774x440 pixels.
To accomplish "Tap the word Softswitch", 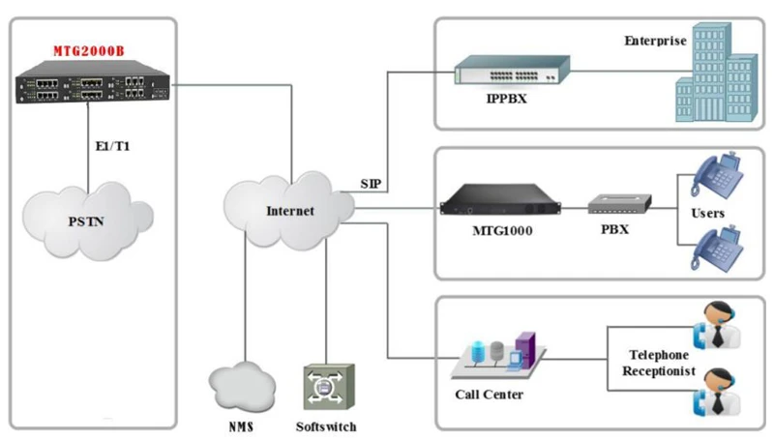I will point(325,425).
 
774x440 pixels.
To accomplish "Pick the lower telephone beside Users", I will point(715,249).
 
